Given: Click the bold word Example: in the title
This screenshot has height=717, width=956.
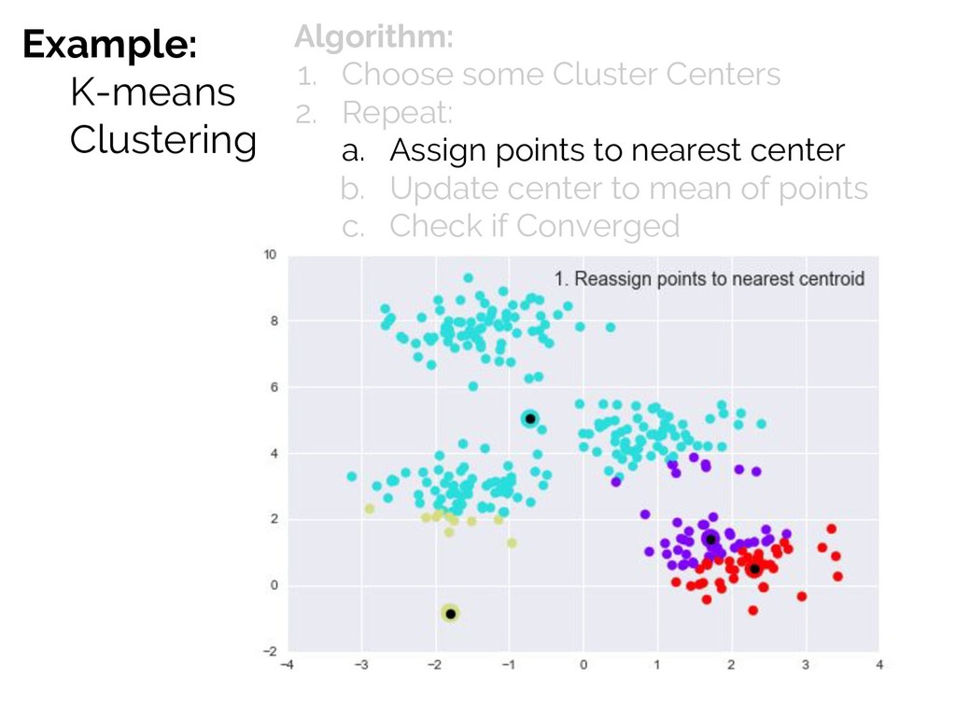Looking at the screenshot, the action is coord(110,45).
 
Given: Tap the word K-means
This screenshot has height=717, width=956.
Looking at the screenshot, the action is coord(152,92).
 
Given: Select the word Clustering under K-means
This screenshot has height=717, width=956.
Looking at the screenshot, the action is coord(162,140).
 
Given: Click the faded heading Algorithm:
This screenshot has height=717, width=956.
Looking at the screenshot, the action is coord(373,36).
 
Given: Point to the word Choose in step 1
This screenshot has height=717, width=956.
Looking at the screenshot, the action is coord(398,75).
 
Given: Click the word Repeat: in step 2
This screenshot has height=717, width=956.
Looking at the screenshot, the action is coord(398,114).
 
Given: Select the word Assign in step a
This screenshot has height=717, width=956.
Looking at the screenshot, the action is coord(438,151).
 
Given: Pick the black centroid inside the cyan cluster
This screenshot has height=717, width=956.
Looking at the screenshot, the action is coord(530,419).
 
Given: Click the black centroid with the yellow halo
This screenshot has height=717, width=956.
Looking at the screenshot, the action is coord(451,614).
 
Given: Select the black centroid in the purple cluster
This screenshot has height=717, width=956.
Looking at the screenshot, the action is coord(710,540).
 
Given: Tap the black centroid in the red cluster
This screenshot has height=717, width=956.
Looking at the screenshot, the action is coord(754,569).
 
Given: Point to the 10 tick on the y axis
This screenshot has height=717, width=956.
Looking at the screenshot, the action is coord(270,255).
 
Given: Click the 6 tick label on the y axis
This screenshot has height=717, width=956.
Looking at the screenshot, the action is coord(274,387).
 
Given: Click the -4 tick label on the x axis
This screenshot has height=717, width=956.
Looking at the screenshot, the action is coord(287,665).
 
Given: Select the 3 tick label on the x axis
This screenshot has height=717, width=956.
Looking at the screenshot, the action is coord(806,665).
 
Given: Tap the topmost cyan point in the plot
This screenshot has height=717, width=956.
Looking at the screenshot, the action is coord(469,278).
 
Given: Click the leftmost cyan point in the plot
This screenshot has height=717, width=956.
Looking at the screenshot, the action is coord(352,476).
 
